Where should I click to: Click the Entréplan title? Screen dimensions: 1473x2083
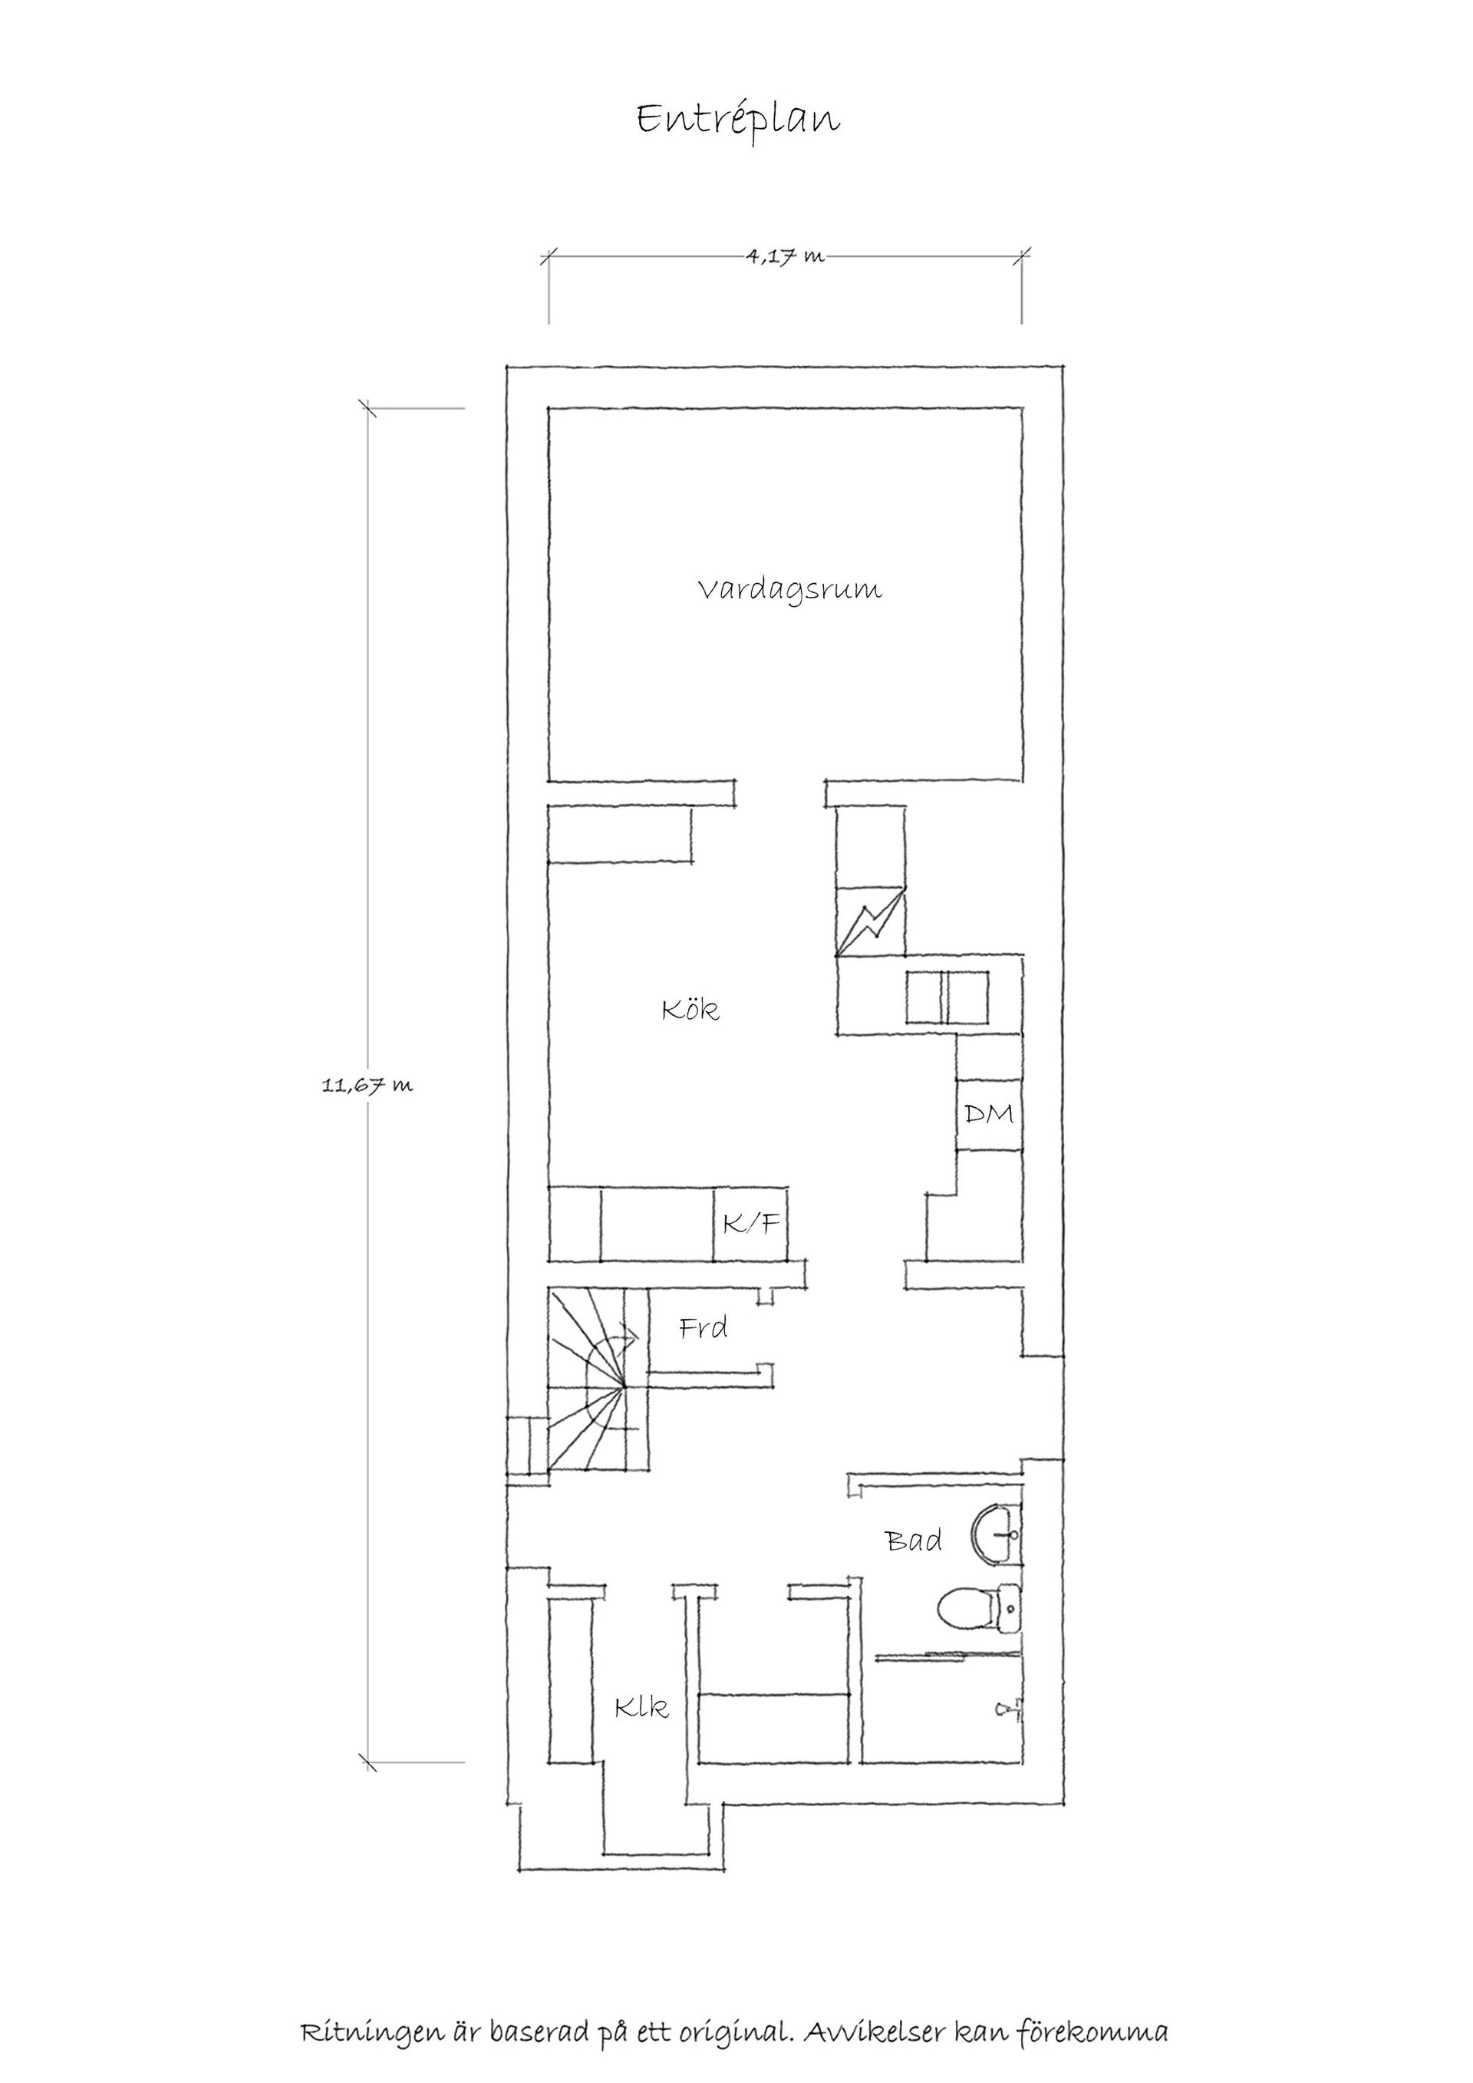tap(737, 120)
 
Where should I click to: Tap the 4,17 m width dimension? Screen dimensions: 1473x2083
tap(786, 257)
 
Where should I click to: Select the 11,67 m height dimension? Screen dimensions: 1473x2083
tap(367, 1084)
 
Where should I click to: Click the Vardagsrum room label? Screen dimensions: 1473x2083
tap(790, 590)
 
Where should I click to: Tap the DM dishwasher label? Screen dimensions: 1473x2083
tap(989, 1113)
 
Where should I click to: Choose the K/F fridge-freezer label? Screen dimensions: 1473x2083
tap(751, 1224)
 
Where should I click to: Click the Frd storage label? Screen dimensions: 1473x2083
tap(704, 1329)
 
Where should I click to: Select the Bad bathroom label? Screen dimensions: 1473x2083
tap(914, 1540)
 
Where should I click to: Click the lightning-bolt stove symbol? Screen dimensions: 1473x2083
tap(871, 920)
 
